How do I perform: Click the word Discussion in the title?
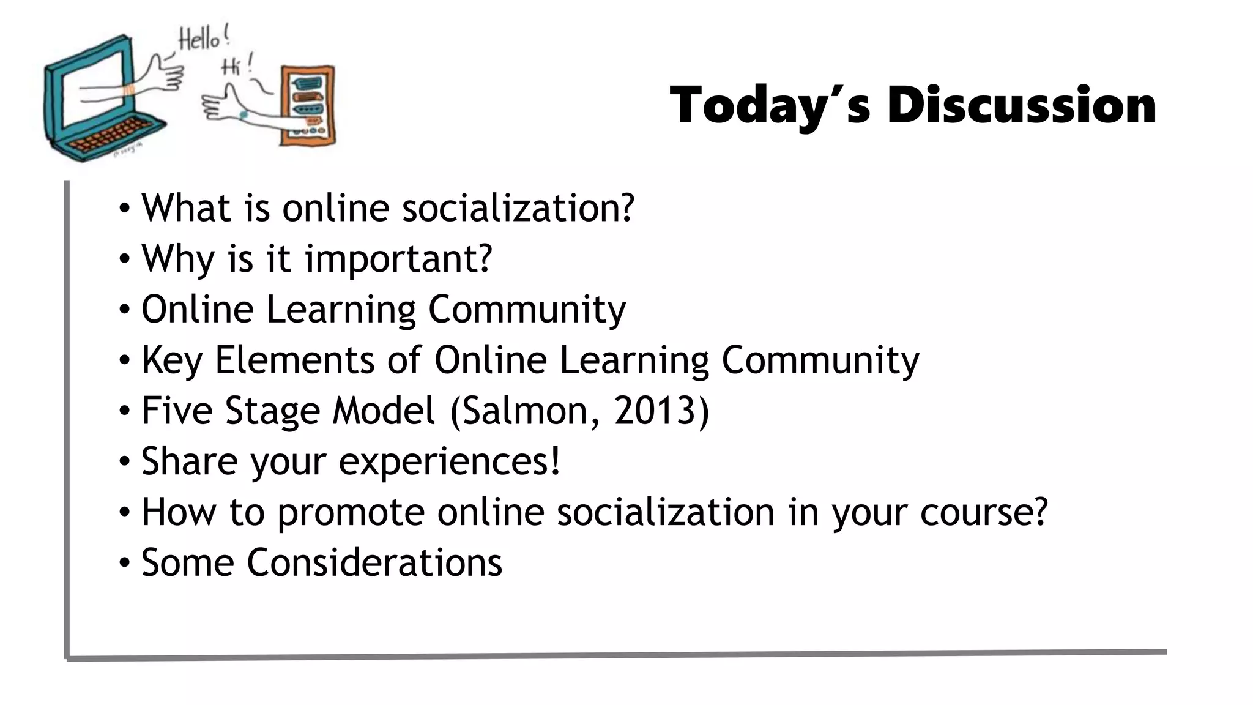click(1021, 105)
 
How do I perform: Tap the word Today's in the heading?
click(770, 105)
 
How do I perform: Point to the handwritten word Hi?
click(236, 65)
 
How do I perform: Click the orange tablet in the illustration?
click(308, 105)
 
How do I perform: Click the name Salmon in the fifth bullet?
click(527, 410)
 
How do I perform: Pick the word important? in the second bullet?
click(398, 259)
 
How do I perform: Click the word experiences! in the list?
click(449, 461)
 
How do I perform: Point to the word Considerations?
click(374, 562)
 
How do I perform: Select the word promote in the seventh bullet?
click(351, 513)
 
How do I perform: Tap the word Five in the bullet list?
click(177, 410)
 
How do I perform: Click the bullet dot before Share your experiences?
click(125, 461)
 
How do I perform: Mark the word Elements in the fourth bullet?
click(294, 360)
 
